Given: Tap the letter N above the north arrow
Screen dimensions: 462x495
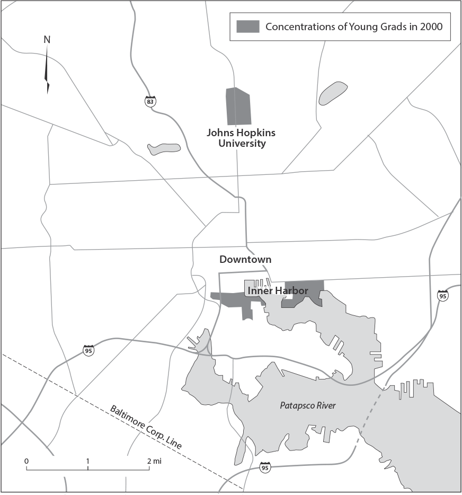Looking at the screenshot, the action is (47, 40).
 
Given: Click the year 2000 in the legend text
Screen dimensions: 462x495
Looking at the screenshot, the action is (431, 26).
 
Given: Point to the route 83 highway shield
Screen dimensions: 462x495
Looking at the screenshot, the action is (152, 100).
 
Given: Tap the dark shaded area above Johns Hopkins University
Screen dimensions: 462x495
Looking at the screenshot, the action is (238, 107).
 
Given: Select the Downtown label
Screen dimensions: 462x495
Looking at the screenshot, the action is (245, 260).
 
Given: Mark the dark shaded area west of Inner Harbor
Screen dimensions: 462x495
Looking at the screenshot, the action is (233, 300).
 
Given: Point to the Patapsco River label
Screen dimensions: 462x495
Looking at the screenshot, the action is (308, 406).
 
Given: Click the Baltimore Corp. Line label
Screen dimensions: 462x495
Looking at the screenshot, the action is (146, 427).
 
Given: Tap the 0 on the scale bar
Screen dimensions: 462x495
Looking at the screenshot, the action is (26, 461).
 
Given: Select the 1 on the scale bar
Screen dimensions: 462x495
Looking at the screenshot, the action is (88, 461).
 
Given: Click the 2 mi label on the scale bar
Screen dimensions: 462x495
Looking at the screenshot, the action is (154, 461).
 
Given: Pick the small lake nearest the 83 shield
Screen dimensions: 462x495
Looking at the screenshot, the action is (164, 149).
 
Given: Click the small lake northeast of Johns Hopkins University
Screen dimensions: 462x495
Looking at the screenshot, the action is (333, 93).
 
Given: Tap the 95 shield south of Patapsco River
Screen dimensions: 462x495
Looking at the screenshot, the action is (265, 467).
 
